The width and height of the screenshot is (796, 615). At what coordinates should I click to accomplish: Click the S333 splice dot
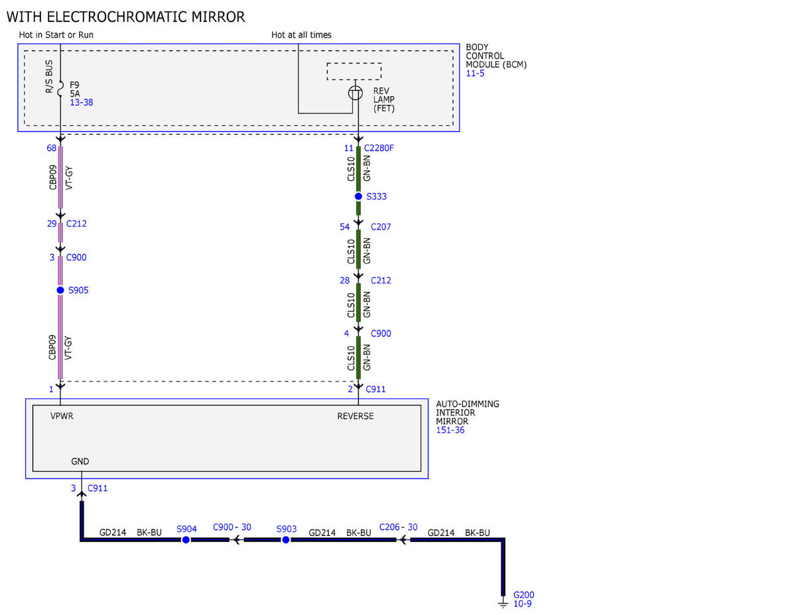coord(358,196)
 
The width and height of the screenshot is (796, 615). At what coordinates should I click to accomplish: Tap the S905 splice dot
coord(60,290)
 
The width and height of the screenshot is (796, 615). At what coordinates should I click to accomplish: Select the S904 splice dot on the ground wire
coord(186,539)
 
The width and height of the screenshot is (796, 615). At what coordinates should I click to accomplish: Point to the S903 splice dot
coord(286,539)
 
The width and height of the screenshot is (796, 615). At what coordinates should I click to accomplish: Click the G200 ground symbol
coord(503,604)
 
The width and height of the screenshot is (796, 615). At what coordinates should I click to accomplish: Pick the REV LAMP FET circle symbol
coord(356,93)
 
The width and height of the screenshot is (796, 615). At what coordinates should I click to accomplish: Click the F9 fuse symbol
coord(61,89)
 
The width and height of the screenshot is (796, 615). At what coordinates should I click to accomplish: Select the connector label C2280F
coord(378,148)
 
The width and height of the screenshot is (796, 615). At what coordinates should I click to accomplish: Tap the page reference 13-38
coord(82,102)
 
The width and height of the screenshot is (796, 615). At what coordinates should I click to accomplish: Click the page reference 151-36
coord(450,430)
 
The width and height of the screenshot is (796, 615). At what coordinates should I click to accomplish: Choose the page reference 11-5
coord(475,73)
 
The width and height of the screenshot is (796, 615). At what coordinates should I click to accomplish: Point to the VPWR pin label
coord(62,416)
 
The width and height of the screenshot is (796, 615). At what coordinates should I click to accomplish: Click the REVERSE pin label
coord(356,416)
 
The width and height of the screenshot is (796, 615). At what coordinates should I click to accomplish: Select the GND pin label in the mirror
coord(80,461)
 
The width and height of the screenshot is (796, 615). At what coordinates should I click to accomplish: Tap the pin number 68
coord(51,148)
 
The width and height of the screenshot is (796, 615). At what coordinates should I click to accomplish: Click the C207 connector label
coord(381,227)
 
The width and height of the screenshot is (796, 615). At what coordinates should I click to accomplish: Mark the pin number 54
coord(344,227)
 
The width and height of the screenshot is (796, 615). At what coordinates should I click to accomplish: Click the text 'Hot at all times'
coord(301,34)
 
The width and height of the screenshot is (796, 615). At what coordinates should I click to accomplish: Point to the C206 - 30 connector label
coord(398,527)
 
